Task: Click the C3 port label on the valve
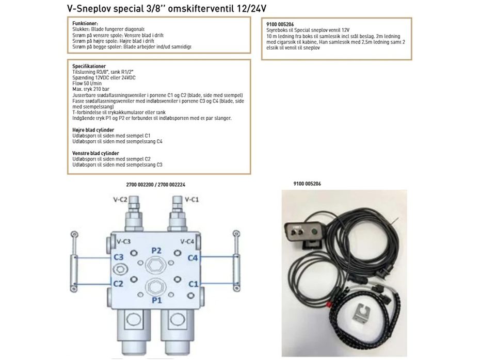click(x=118, y=257)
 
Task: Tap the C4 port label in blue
click(x=193, y=257)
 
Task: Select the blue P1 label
click(x=156, y=299)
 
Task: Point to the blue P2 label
click(x=156, y=250)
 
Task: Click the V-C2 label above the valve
click(x=120, y=199)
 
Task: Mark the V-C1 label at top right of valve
click(x=192, y=199)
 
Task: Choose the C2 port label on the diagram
click(x=118, y=283)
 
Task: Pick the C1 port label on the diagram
click(x=193, y=283)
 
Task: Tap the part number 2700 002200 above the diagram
click(x=140, y=185)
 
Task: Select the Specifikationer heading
click(x=89, y=66)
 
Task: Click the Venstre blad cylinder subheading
click(x=95, y=153)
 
